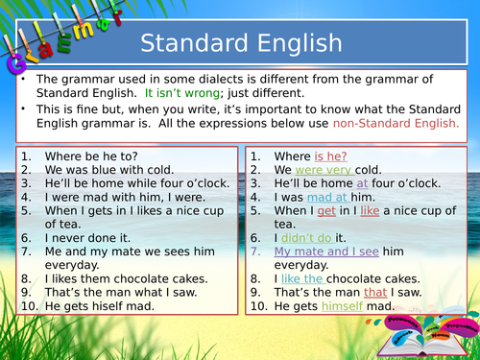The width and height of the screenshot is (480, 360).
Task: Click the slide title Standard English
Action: pyautogui.click(x=240, y=43)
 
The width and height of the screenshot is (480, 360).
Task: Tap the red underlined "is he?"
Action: pyautogui.click(x=330, y=156)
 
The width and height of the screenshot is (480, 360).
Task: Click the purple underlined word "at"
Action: pyautogui.click(x=362, y=182)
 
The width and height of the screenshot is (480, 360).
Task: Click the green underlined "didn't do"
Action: pyautogui.click(x=305, y=236)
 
